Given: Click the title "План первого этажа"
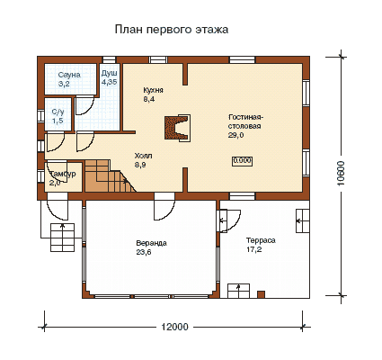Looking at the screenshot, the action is click(x=172, y=30).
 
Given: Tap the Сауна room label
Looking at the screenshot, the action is click(x=69, y=75).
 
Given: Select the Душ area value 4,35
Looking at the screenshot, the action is click(x=110, y=82).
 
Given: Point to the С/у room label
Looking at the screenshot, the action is click(x=58, y=112).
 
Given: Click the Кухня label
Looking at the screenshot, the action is click(x=154, y=90).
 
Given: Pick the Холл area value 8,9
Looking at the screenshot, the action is click(x=140, y=165).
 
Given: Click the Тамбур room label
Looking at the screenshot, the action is click(x=63, y=174).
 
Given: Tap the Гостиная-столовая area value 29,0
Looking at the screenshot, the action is click(x=236, y=135).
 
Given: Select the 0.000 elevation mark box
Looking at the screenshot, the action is click(x=242, y=161).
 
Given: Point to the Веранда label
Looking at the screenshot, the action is click(x=151, y=243).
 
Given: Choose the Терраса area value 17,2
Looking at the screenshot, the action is click(x=254, y=249).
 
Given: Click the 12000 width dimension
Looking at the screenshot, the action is click(x=175, y=327).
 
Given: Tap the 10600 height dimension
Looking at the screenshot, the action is click(x=342, y=174).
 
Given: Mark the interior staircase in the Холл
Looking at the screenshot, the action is click(x=111, y=176).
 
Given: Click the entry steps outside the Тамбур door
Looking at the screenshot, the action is click(x=62, y=238).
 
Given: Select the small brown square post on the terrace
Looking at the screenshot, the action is click(x=261, y=294).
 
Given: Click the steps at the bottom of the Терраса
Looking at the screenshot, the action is click(x=238, y=291).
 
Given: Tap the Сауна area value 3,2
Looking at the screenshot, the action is click(x=64, y=84).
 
